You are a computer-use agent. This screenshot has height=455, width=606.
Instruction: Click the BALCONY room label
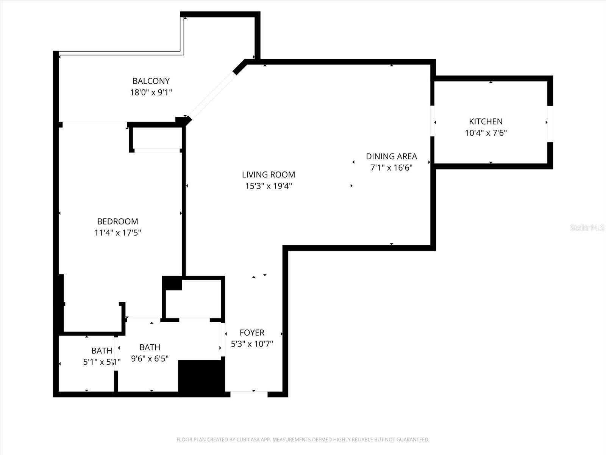click(151, 81)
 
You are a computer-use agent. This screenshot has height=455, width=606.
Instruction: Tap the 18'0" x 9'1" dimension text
click(151, 93)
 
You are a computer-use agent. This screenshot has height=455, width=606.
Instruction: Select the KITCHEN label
click(486, 121)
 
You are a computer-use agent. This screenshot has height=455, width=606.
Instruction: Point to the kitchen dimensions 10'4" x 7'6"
click(486, 133)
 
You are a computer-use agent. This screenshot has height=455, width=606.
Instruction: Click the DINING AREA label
click(391, 156)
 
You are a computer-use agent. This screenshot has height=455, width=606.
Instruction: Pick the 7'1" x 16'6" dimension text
click(391, 168)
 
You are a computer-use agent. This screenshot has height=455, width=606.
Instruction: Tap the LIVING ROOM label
click(268, 174)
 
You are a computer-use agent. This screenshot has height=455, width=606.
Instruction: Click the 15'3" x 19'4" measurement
click(268, 186)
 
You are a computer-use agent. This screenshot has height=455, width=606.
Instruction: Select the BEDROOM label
click(117, 221)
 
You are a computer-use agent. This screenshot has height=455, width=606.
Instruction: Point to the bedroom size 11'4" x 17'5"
click(117, 233)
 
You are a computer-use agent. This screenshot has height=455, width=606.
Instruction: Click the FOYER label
click(252, 333)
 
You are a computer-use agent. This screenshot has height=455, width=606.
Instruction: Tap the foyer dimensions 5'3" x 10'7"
click(252, 344)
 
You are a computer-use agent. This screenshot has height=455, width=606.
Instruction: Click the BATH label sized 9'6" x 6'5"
click(150, 347)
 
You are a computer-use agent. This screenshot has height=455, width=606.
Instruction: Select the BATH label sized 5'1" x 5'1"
click(102, 351)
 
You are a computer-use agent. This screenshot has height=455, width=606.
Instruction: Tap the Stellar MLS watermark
click(587, 227)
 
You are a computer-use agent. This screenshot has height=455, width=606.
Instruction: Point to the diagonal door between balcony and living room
click(212, 95)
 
